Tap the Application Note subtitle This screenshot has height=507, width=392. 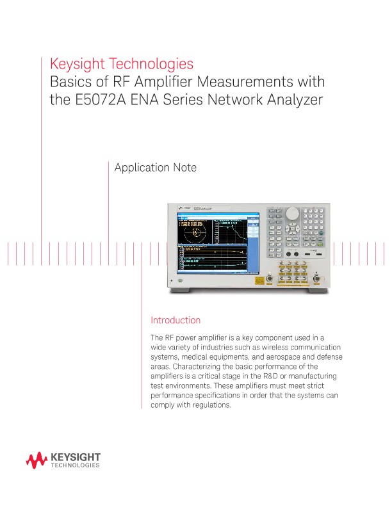point(155,168)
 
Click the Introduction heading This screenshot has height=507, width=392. point(175,320)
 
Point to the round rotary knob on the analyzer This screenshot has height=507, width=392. point(292,213)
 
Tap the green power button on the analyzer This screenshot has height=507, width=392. point(181,280)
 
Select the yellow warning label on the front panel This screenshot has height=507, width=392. point(259,280)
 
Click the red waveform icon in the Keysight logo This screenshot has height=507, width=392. point(37,458)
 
